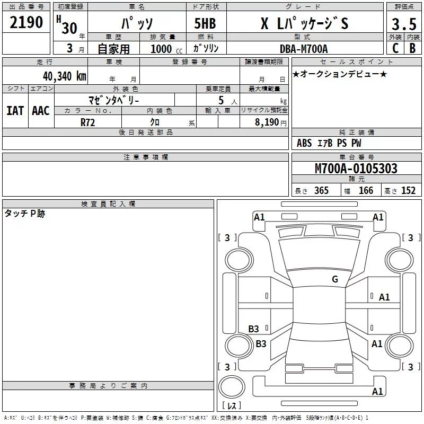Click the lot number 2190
[x=26, y=22]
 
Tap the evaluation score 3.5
[x=403, y=24]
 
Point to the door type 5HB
[x=206, y=24]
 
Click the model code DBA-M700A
[x=304, y=48]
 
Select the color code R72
[x=88, y=121]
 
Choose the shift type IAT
[x=15, y=110]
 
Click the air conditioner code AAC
[x=41, y=110]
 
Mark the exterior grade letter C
[x=395, y=48]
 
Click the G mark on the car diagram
[x=334, y=279]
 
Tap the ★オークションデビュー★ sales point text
[x=340, y=74]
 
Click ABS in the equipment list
[x=304, y=143]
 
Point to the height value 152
[x=408, y=191]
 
